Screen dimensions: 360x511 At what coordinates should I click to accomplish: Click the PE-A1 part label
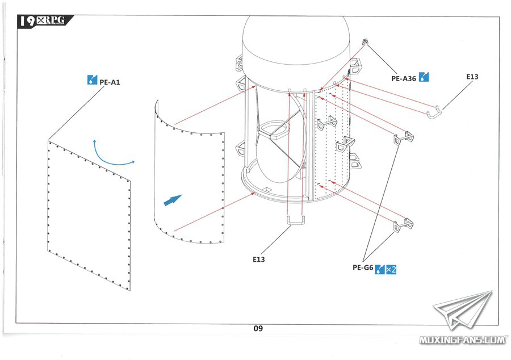pos(110,82)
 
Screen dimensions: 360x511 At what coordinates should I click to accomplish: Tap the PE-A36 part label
pos(404,78)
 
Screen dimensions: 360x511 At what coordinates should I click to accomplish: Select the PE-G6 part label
pos(363,267)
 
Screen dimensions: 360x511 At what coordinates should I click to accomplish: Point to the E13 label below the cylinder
pos(259,259)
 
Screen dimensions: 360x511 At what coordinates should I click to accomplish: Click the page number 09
pos(258,328)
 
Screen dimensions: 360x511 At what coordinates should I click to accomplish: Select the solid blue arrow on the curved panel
pos(173,200)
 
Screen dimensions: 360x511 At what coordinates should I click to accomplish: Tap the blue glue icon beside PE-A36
pos(424,77)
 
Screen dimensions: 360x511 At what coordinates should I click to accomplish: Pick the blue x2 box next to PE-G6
pos(391,269)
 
